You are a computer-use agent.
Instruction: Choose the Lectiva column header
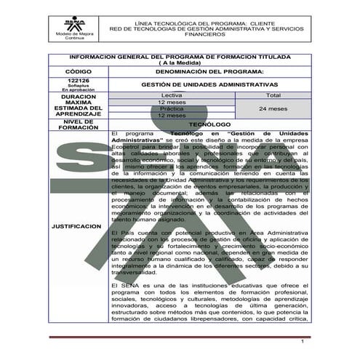(171, 95)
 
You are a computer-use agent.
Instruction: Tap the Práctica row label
(171, 108)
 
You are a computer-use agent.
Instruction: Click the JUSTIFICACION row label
(76, 226)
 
